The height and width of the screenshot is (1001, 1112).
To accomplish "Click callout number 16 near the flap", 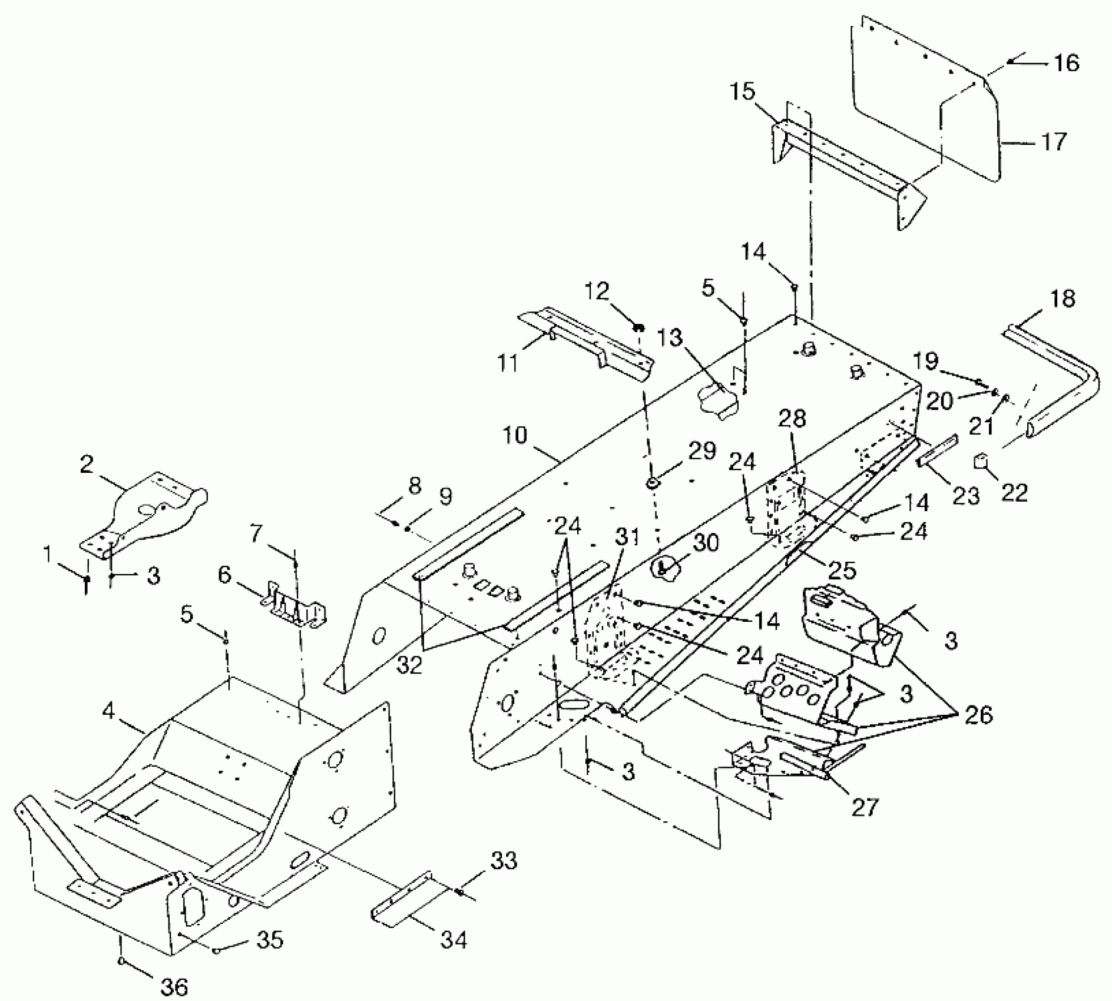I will [x=1065, y=62].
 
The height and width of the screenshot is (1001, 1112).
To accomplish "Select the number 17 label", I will [x=1053, y=141].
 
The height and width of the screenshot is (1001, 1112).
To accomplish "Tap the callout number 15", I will [x=743, y=92].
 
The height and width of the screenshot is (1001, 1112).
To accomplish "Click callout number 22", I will [x=1014, y=492].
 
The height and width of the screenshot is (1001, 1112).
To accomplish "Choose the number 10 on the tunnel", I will [x=514, y=436].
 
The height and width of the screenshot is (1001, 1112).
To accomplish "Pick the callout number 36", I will [x=174, y=986].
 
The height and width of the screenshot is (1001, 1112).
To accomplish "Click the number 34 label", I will [x=454, y=939].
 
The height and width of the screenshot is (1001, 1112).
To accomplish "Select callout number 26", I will [x=978, y=714].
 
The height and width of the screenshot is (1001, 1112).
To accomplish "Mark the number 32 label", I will [x=409, y=665].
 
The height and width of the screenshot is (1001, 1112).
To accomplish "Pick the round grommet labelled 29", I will [x=653, y=483].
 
